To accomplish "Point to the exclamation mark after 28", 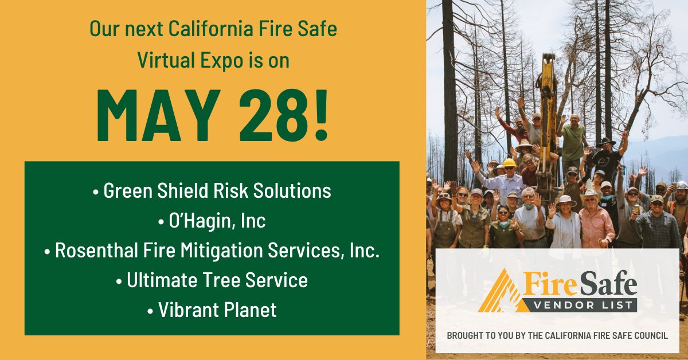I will [319, 116].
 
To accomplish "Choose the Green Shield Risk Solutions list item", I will [212, 191].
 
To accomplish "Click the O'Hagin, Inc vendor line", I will [212, 221].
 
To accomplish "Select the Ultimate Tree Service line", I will [212, 280].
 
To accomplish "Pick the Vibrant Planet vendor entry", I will [212, 310].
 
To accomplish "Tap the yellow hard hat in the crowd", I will [509, 163].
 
